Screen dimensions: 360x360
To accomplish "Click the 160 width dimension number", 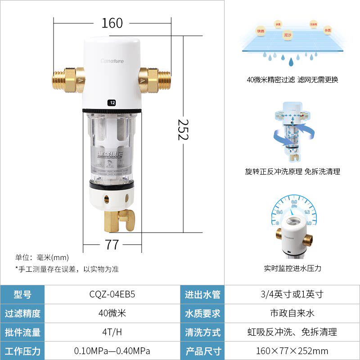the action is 112,23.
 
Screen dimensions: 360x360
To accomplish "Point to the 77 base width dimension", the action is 112,244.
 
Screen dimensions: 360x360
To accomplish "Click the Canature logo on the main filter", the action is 112,61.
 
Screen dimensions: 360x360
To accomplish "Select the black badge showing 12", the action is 112,103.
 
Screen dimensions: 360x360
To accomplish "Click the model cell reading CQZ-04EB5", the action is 112,295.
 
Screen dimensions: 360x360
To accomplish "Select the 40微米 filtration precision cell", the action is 112,314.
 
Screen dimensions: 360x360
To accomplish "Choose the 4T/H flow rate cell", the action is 112,333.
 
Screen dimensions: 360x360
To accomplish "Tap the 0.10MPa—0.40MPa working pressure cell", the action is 112,351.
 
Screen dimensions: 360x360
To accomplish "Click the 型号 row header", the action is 22,295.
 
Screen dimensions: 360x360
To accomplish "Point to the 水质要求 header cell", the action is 202,314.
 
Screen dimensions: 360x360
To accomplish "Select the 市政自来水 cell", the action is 292,314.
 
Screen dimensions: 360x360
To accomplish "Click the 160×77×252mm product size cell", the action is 292,351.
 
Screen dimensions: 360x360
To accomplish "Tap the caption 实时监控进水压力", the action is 292,269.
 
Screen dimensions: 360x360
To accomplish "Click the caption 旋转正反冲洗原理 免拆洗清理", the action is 292,171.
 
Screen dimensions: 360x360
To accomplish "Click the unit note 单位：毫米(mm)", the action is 42,257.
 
